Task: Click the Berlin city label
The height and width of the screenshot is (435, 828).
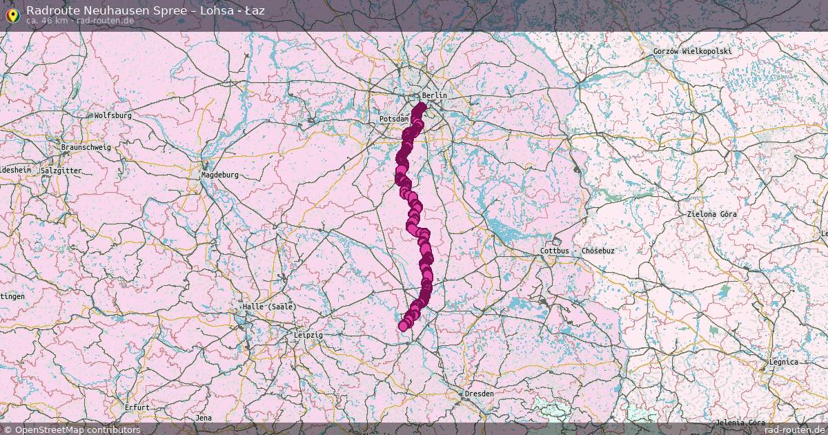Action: coord(434,95)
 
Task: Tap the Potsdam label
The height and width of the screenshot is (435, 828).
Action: coord(393,119)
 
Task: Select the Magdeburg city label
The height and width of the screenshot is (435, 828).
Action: coord(219,175)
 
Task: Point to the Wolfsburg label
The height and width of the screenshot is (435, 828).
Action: coord(112,115)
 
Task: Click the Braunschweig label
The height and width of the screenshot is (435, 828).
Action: coord(86,147)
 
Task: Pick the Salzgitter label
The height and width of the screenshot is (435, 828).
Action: coord(61,171)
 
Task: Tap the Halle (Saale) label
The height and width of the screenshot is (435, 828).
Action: coord(268,306)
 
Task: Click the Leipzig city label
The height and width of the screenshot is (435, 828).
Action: coord(308,335)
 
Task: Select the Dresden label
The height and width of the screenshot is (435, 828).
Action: coord(479,394)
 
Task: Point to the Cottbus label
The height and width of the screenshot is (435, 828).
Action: coord(555,251)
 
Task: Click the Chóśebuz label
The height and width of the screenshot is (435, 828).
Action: coord(598,251)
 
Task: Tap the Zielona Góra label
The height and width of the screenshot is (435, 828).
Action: coord(711,214)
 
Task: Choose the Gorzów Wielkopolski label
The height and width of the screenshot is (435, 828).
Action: coord(692,51)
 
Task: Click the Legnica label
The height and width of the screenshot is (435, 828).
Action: coord(783,362)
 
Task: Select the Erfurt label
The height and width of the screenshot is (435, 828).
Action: coord(137,407)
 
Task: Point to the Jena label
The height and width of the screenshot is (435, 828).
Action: coord(204,418)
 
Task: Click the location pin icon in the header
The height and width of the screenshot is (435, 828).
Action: coord(12,15)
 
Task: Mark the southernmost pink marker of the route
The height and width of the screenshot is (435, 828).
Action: coord(404,327)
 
